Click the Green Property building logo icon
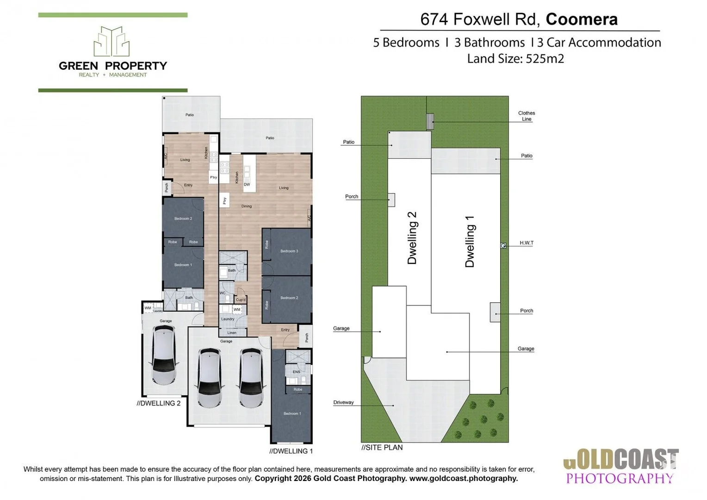click(112, 42)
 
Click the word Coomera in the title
click(581, 19)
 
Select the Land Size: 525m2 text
click(515, 59)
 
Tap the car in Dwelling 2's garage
click(164, 355)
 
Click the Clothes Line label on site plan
click(526, 116)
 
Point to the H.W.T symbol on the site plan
click(503, 246)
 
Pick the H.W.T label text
click(526, 243)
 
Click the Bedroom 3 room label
click(289, 251)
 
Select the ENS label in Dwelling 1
click(296, 372)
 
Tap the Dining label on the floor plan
click(246, 206)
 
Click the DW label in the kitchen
click(247, 184)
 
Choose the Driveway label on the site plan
click(343, 402)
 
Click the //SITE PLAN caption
click(382, 448)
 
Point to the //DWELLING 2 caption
click(158, 403)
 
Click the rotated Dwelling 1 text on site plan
click(470, 241)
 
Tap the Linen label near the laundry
click(232, 332)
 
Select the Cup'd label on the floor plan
click(241, 300)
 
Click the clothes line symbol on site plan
click(430, 121)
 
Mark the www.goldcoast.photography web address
click(463, 478)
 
